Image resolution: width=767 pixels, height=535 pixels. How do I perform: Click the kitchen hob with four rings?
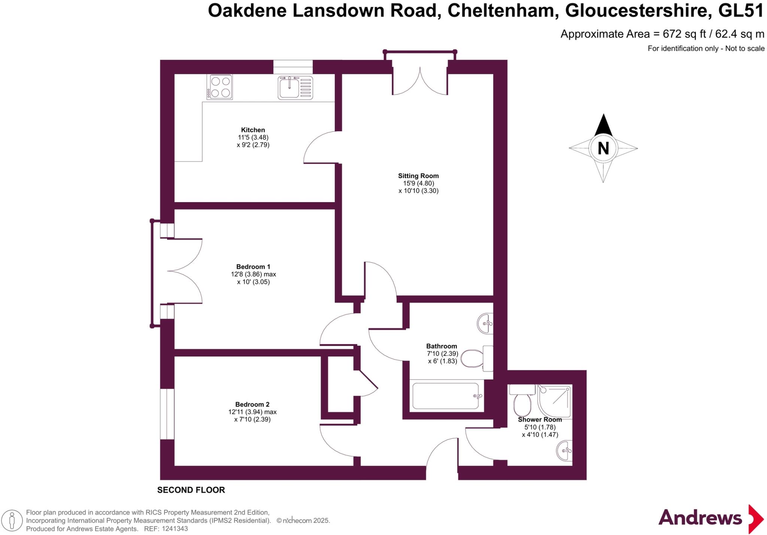pos(220,87)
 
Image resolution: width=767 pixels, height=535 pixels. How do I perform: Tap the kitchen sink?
pos(295,87)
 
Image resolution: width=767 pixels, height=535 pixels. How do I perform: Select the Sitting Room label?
pos(418,176)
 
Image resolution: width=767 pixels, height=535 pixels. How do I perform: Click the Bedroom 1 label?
pos(253,267)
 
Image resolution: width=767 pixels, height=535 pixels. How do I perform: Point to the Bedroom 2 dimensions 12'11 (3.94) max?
pos(252,412)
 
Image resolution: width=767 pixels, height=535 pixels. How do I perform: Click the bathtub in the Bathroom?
pos(446,396)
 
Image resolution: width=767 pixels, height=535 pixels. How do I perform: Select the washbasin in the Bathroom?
pos(486,323)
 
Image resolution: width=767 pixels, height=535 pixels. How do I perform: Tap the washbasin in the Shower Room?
pos(565,450)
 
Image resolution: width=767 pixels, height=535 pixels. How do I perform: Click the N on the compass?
pos(603,148)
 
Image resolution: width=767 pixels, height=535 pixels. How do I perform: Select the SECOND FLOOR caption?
pos(191,490)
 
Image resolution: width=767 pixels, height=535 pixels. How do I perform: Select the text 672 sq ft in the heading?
pos(684,34)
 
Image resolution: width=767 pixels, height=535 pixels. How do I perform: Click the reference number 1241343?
pos(175,529)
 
